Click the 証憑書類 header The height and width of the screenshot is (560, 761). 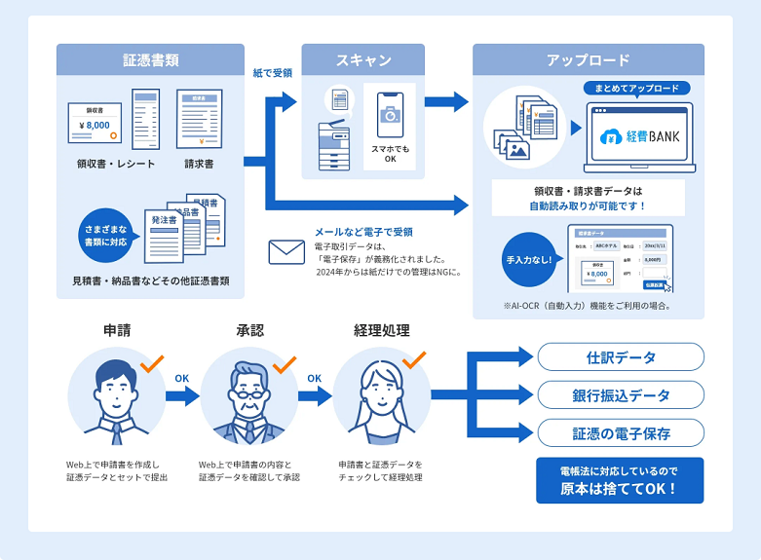pos(150,60)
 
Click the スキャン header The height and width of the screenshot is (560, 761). pos(363,60)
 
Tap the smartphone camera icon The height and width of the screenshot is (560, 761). pos(390,115)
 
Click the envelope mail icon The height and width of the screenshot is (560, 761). pos(286,252)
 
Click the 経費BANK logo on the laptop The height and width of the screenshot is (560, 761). pos(639,136)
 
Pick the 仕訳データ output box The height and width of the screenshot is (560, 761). pos(621,357)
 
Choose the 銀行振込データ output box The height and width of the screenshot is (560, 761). pos(621,395)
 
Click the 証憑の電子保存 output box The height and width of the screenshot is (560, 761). pos(621,432)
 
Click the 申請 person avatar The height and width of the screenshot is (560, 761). pos(117,394)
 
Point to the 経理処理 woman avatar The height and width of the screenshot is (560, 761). pos(381,394)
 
